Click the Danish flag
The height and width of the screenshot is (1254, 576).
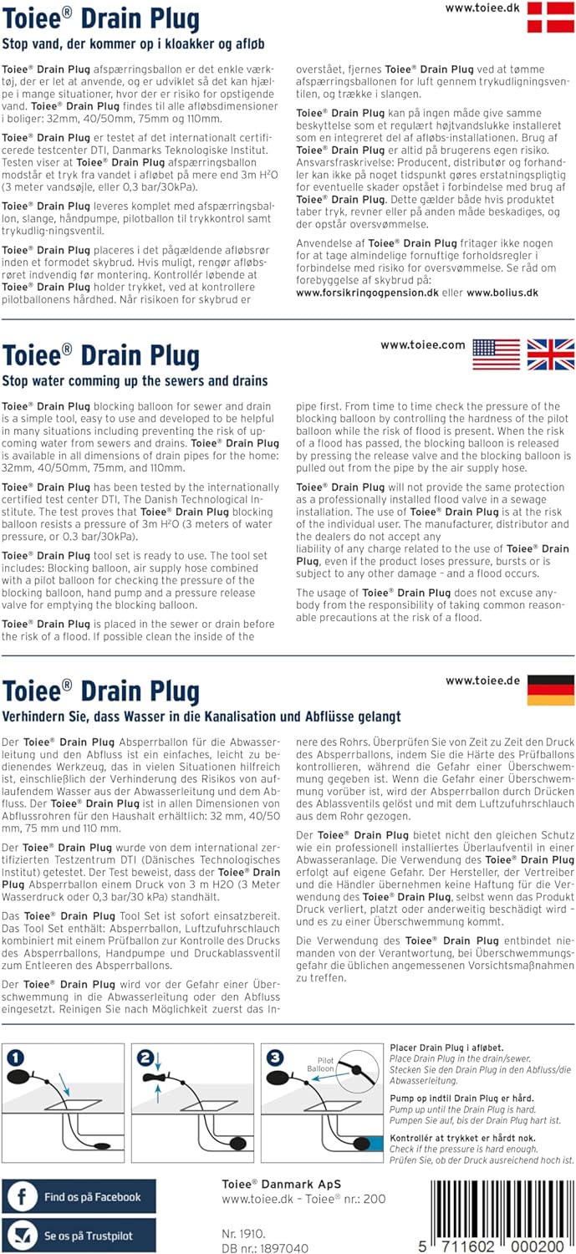pos(550,17)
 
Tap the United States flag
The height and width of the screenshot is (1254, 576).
pos(496,354)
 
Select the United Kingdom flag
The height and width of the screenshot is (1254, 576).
pos(550,354)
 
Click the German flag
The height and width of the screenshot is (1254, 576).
pos(550,690)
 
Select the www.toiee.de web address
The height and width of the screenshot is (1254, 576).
pos(480,681)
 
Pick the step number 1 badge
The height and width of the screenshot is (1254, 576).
pos(16,1058)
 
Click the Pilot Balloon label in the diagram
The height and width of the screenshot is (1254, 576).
pos(325,1065)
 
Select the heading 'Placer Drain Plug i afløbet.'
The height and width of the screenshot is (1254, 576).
pos(446,1048)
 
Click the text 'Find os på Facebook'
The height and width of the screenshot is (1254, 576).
pos(92,1197)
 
